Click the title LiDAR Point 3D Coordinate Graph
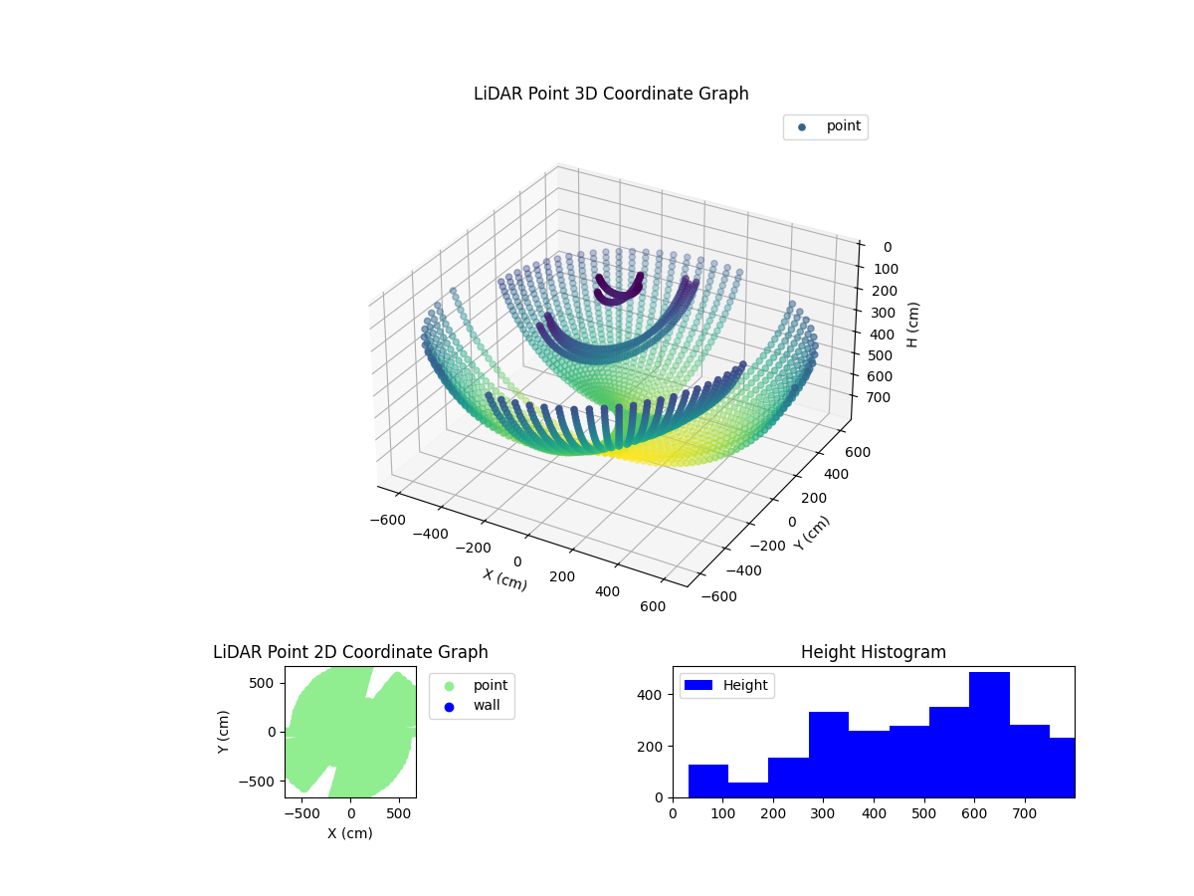[611, 94]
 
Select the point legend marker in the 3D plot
[802, 127]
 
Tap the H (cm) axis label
[912, 325]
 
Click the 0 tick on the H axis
[887, 247]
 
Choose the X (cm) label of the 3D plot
[505, 579]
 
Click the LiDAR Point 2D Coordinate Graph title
[350, 652]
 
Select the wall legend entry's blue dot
[449, 707]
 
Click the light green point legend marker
[449, 686]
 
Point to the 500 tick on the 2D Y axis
[264, 683]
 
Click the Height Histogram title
[873, 652]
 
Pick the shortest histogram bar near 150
[748, 789]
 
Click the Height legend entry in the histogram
[725, 685]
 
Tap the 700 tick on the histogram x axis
[1025, 813]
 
